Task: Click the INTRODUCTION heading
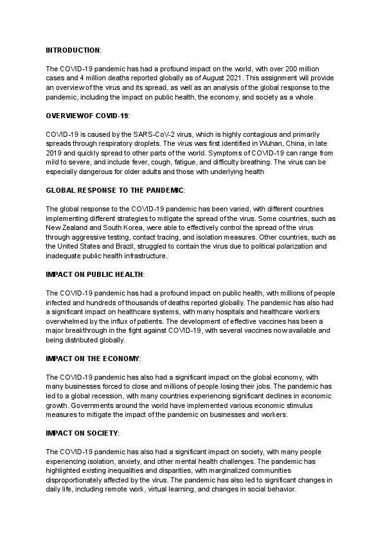coord(73,49)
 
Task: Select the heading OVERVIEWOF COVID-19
coord(87,115)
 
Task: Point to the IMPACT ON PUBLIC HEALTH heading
coord(94,274)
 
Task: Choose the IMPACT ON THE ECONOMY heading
coord(93,358)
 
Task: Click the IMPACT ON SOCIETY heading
coord(82,433)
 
